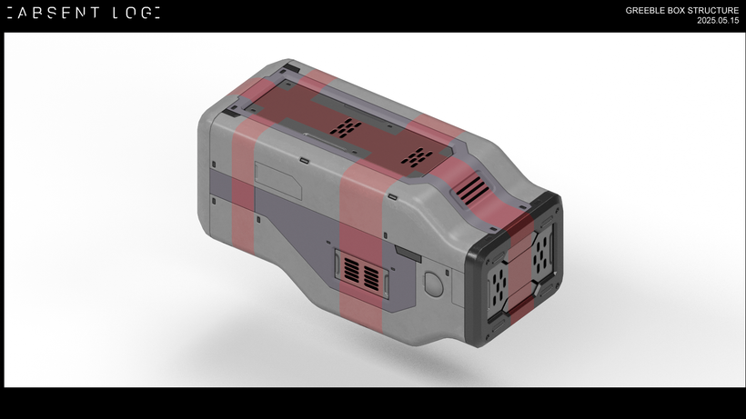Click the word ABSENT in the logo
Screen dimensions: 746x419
point(59,13)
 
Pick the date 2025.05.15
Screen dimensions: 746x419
point(718,20)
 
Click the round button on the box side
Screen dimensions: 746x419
point(433,284)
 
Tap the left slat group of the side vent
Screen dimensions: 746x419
point(351,269)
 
